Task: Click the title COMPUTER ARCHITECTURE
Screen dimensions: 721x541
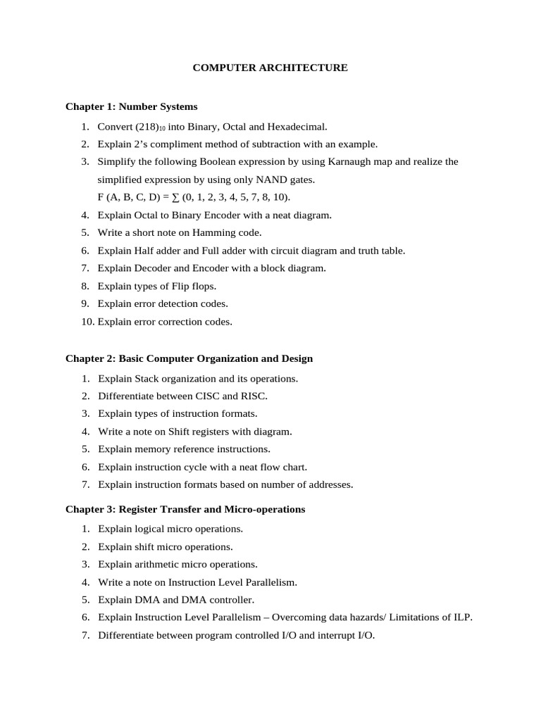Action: (x=270, y=68)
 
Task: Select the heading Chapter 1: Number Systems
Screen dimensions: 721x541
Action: (x=132, y=107)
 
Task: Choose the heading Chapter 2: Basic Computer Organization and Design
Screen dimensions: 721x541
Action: (x=189, y=358)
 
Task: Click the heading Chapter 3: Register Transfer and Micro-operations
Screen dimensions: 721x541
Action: (x=185, y=509)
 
